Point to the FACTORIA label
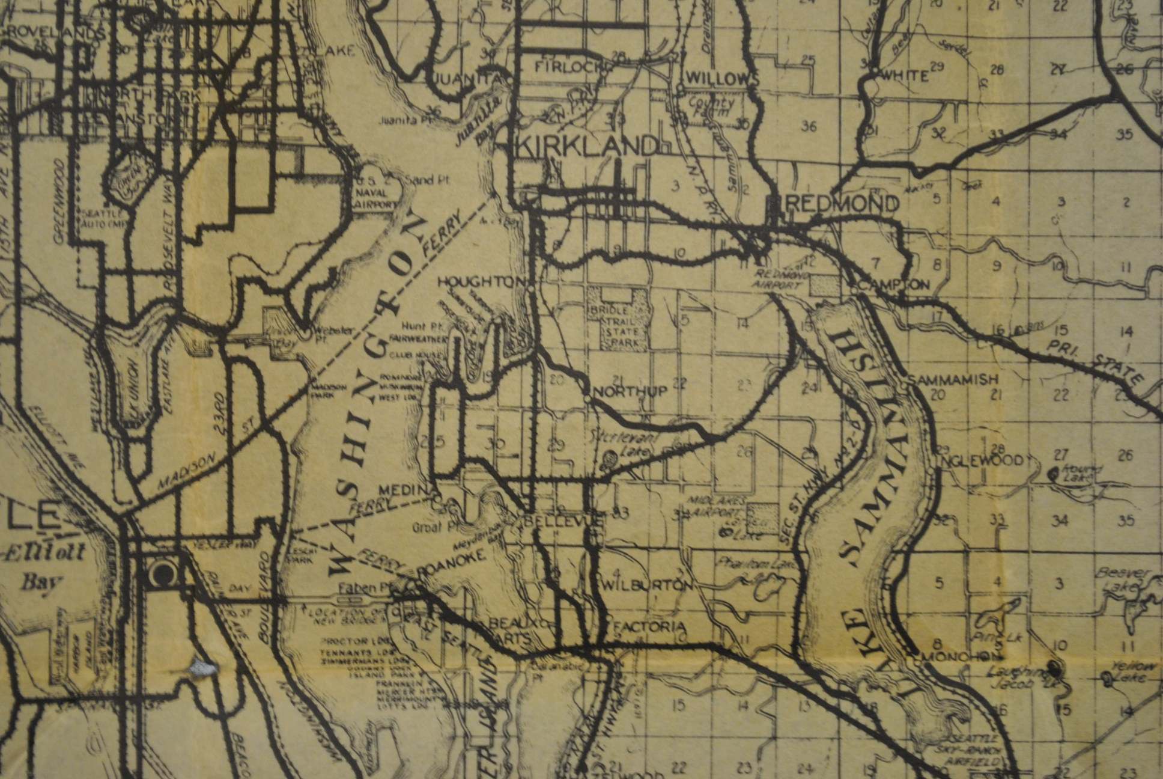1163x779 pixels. point(649,627)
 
